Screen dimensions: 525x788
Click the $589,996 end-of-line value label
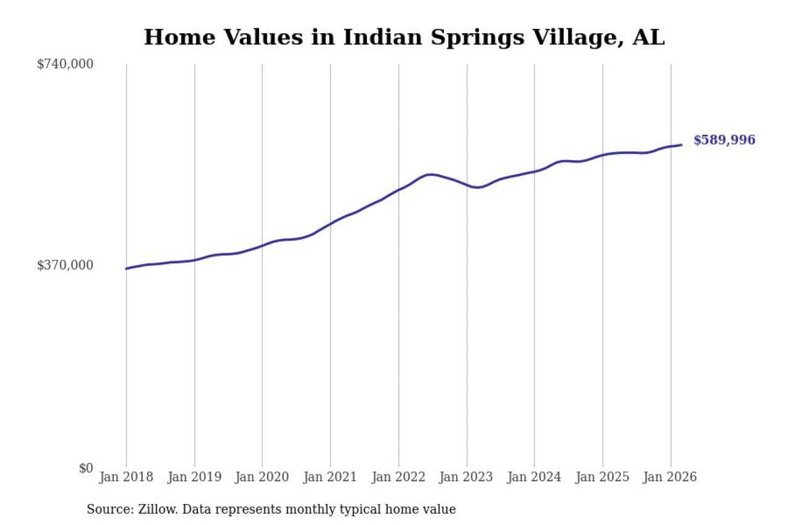tap(724, 140)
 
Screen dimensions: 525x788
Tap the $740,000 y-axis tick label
tap(65, 64)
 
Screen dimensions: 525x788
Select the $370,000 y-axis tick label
tap(65, 265)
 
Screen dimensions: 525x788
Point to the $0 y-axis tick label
tap(86, 468)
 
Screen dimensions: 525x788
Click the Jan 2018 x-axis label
tap(126, 478)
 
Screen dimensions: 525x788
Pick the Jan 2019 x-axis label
tap(195, 478)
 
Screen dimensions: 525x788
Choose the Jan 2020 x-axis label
tap(262, 478)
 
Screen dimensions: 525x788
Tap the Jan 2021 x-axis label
tap(331, 478)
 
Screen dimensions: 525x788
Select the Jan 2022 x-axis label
tap(398, 478)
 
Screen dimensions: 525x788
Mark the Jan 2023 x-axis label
tap(467, 478)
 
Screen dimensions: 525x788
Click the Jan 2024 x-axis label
tap(534, 478)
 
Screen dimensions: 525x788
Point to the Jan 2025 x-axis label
tap(603, 478)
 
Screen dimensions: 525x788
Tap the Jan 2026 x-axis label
tap(670, 478)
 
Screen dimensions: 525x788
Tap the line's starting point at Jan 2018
tap(126, 268)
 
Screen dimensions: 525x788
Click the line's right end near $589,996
tap(681, 145)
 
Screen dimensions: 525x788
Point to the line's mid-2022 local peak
tap(430, 175)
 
